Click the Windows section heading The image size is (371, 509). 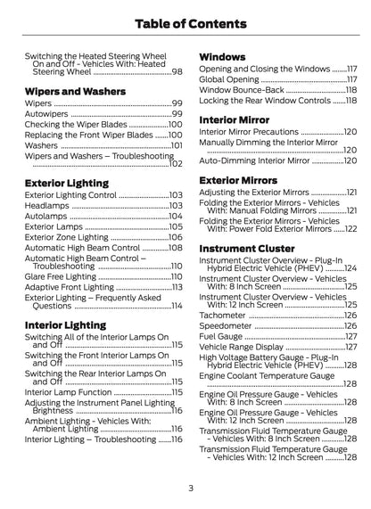222,55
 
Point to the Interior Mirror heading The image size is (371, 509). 235,118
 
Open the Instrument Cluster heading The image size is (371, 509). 246,248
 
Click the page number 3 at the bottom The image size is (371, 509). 190,488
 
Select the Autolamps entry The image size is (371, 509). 45,216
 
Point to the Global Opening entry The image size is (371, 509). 228,79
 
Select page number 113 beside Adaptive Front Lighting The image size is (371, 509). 176,287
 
